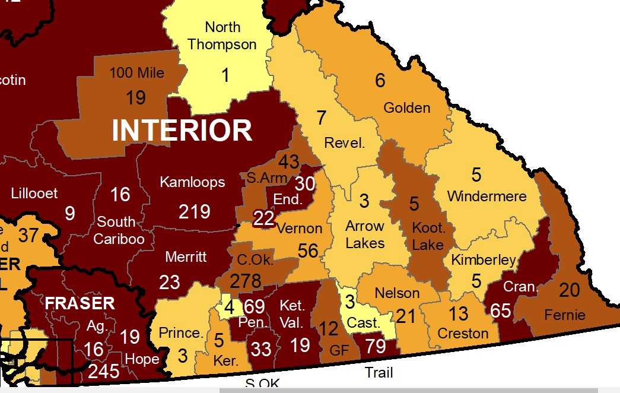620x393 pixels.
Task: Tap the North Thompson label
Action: [222, 36]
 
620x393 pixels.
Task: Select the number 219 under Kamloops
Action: [195, 211]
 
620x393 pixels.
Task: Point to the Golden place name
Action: [406, 108]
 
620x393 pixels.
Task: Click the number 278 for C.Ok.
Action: [245, 280]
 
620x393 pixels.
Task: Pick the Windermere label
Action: [487, 196]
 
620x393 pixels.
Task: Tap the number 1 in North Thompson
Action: [225, 75]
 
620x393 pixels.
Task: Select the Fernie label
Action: [565, 315]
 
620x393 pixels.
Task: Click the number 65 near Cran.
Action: [501, 310]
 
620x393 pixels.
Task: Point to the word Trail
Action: [379, 373]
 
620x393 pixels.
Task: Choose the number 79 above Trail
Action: [375, 346]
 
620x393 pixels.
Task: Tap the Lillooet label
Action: [34, 193]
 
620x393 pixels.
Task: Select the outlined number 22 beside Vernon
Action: [264, 218]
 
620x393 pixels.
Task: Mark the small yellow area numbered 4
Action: [229, 308]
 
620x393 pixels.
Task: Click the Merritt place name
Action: [186, 256]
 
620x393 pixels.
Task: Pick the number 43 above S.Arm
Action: [289, 161]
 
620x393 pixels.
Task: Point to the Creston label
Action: [463, 334]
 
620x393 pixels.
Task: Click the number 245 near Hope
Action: [104, 372]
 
